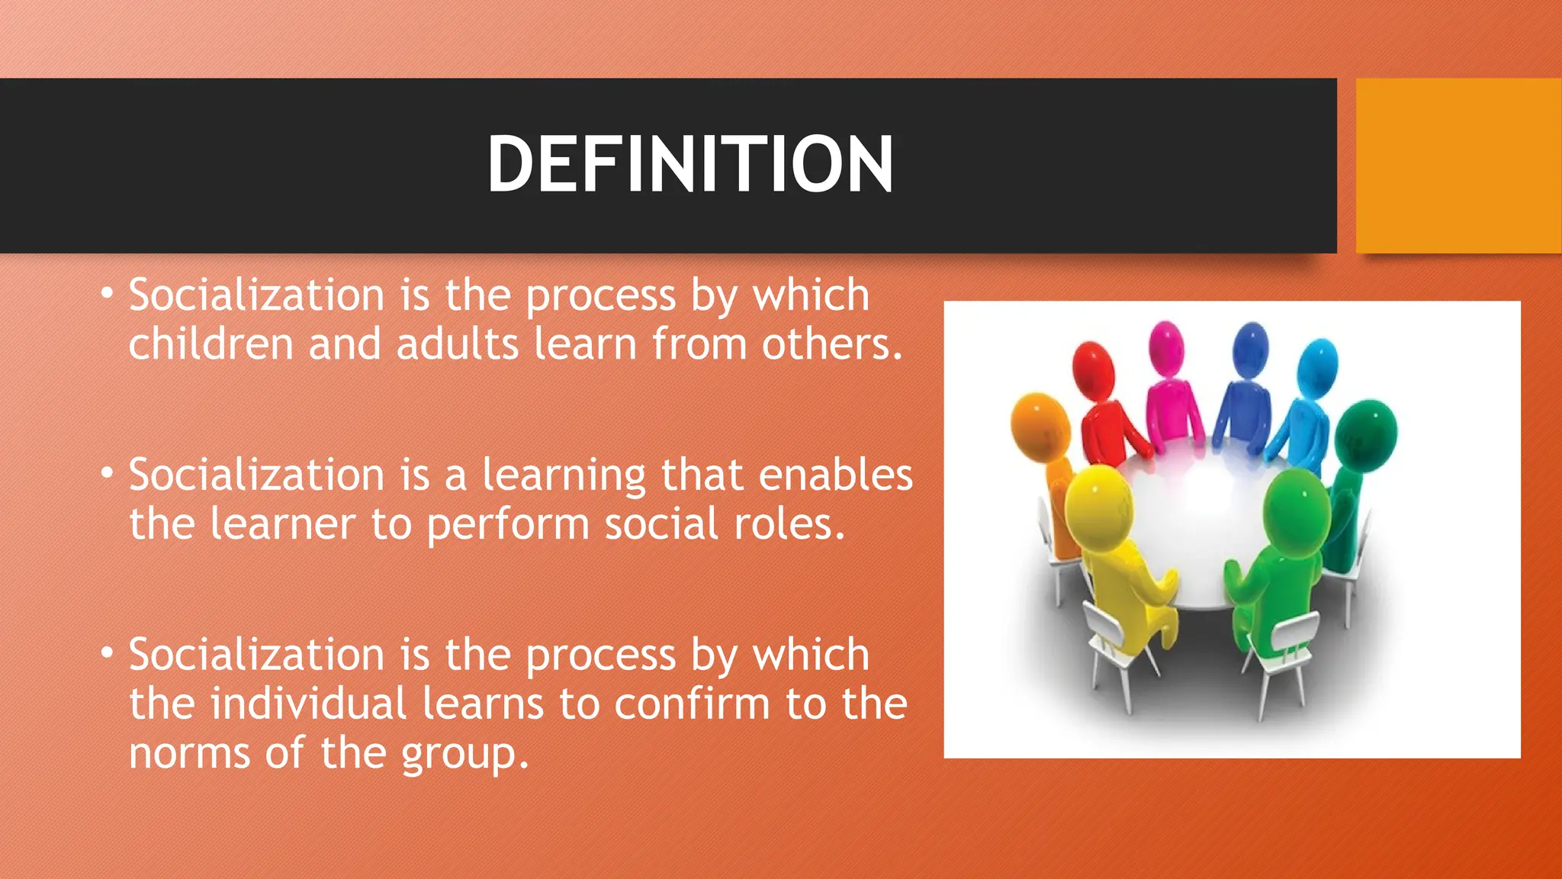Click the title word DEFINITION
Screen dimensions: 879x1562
[689, 164]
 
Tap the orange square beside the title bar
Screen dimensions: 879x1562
[1458, 166]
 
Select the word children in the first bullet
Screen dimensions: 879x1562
[211, 344]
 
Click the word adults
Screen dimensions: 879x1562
[457, 344]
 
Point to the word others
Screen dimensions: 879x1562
[831, 344]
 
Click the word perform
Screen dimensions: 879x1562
[508, 525]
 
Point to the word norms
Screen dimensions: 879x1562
[189, 753]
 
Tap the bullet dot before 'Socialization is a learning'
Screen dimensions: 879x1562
[108, 473]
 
